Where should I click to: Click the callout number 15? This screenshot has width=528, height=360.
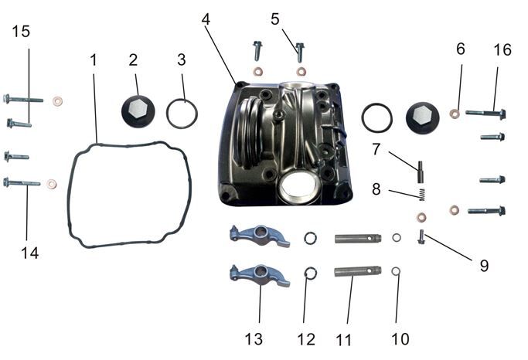pyautogui.click(x=21, y=32)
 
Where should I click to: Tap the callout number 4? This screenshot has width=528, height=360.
pyautogui.click(x=206, y=19)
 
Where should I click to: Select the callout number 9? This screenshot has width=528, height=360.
pyautogui.click(x=484, y=266)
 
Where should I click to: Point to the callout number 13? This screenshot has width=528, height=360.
pyautogui.click(x=254, y=338)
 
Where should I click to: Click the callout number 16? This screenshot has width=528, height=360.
pyautogui.click(x=502, y=49)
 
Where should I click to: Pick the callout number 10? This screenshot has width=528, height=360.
pyautogui.click(x=400, y=338)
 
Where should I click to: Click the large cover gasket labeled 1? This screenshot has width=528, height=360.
pyautogui.click(x=130, y=195)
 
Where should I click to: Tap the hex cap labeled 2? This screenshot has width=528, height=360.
pyautogui.click(x=138, y=111)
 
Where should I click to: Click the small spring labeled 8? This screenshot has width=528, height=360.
pyautogui.click(x=422, y=195)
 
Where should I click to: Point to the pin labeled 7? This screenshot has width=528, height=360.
pyautogui.click(x=421, y=172)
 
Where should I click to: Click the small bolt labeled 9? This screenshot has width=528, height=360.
pyautogui.click(x=421, y=236)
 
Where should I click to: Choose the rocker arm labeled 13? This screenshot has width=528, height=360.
pyautogui.click(x=260, y=275)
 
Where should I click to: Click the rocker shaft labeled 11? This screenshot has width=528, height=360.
pyautogui.click(x=358, y=271)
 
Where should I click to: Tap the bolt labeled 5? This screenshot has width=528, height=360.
pyautogui.click(x=300, y=53)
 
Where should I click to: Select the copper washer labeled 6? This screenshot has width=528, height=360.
pyautogui.click(x=455, y=114)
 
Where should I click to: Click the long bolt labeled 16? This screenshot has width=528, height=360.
pyautogui.click(x=485, y=114)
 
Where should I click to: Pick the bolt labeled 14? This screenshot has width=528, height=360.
pyautogui.click(x=22, y=182)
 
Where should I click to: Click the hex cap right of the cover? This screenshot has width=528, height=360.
pyautogui.click(x=422, y=117)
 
